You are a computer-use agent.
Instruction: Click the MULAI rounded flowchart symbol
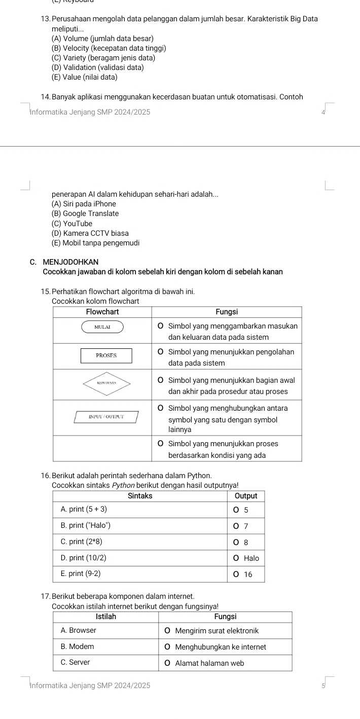click(x=102, y=328)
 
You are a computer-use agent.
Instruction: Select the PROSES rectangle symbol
click(x=106, y=355)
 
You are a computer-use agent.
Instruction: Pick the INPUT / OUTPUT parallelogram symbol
click(x=106, y=417)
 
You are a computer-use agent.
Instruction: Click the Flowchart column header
click(x=103, y=311)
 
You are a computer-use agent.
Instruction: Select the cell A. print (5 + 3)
click(x=84, y=509)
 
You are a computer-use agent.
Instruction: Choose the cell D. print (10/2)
click(x=84, y=558)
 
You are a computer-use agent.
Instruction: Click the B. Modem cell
click(x=77, y=646)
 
